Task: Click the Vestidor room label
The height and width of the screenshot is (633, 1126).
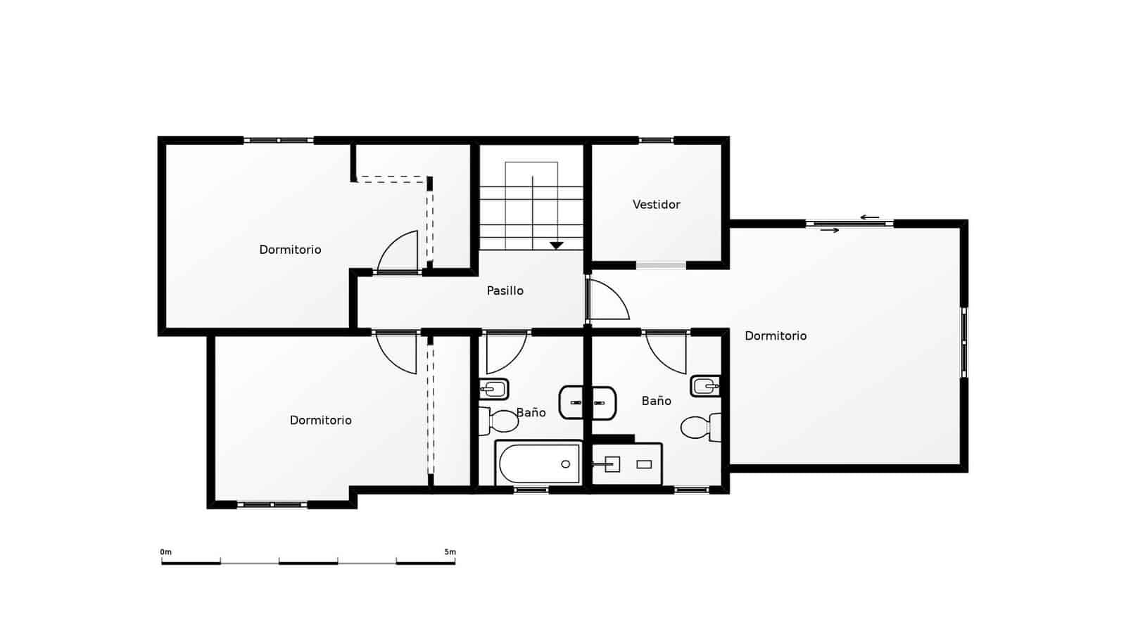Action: (x=656, y=205)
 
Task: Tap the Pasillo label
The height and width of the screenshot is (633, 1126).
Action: (x=505, y=290)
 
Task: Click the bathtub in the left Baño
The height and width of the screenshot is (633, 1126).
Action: (x=538, y=463)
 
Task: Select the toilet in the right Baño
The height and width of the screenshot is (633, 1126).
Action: (x=700, y=427)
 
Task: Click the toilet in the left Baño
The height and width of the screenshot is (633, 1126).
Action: (x=500, y=421)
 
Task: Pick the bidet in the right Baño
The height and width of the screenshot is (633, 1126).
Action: (x=705, y=385)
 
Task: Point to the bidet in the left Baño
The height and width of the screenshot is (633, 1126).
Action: (x=493, y=388)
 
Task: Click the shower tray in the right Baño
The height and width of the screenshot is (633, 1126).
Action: (x=626, y=464)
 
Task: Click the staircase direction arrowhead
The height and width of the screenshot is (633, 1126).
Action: (x=557, y=245)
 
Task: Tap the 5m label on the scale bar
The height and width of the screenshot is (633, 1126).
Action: (x=450, y=552)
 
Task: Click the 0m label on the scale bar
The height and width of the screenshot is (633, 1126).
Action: (x=166, y=552)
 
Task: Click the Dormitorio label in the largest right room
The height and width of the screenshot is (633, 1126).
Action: (x=776, y=336)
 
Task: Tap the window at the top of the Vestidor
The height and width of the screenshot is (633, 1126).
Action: (x=656, y=141)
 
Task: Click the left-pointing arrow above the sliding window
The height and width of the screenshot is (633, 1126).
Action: (x=870, y=217)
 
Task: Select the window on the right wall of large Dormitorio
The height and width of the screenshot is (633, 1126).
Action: (x=964, y=342)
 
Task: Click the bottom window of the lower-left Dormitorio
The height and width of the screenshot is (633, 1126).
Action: (x=272, y=504)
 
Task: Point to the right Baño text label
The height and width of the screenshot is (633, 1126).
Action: (x=656, y=401)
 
